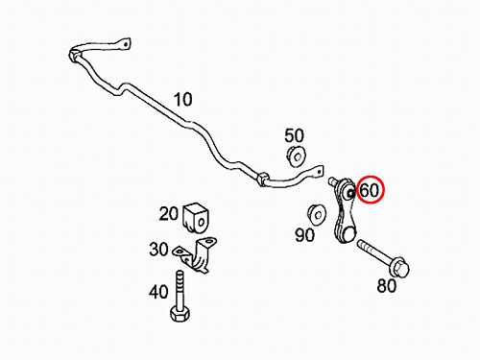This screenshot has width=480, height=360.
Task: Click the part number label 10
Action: pyautogui.click(x=182, y=99)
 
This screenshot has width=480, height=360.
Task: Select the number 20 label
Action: pyautogui.click(x=168, y=213)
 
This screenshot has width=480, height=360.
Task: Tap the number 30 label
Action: pyautogui.click(x=158, y=249)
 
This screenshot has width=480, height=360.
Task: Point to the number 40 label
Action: pyautogui.click(x=158, y=292)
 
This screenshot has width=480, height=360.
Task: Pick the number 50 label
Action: pyautogui.click(x=294, y=135)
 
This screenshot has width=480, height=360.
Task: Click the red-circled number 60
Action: pyautogui.click(x=370, y=190)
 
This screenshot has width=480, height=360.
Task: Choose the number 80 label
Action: pyautogui.click(x=387, y=286)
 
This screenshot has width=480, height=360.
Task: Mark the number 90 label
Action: pyautogui.click(x=304, y=235)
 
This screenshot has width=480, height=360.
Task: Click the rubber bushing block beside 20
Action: pyautogui.click(x=196, y=218)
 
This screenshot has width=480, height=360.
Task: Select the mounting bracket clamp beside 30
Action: pyautogui.click(x=196, y=255)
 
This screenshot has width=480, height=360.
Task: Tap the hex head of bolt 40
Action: pyautogui.click(x=180, y=313)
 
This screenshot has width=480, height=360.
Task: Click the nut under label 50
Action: pyautogui.click(x=296, y=156)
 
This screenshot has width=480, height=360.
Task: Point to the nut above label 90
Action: pyautogui.click(x=317, y=213)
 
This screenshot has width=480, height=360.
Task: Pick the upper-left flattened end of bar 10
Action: pyautogui.click(x=124, y=44)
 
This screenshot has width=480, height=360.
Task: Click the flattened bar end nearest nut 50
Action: pyautogui.click(x=317, y=172)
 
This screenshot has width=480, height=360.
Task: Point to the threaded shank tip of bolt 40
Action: pyautogui.click(x=180, y=276)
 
